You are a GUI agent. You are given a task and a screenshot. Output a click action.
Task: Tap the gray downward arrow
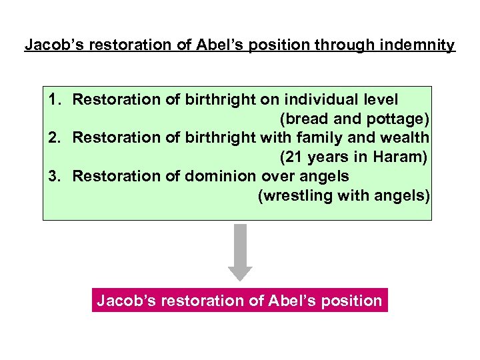tap(240, 251)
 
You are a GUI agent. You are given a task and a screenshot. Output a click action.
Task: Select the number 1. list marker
tap(56, 100)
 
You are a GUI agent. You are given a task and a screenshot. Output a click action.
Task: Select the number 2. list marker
tap(56, 138)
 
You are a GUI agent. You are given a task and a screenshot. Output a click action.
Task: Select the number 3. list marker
tap(56, 176)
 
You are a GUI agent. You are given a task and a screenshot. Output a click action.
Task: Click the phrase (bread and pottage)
tap(355, 119)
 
